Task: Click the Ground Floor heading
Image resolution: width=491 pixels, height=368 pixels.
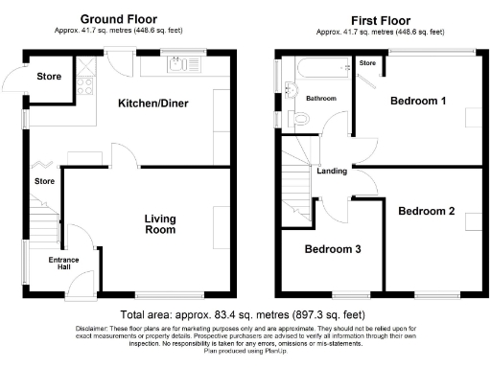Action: click(118, 18)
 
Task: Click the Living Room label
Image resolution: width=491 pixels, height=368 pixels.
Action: click(160, 224)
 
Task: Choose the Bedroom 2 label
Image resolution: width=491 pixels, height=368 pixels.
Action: click(427, 211)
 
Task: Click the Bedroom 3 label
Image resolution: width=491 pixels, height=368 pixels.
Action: click(333, 250)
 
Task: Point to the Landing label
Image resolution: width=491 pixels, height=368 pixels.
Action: click(332, 172)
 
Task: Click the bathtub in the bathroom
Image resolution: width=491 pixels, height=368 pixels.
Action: click(313, 73)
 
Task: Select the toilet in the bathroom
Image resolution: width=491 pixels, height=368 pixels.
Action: click(302, 119)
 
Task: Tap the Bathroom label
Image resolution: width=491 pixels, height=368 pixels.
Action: click(321, 99)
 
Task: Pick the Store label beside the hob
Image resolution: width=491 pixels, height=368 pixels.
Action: click(48, 76)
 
